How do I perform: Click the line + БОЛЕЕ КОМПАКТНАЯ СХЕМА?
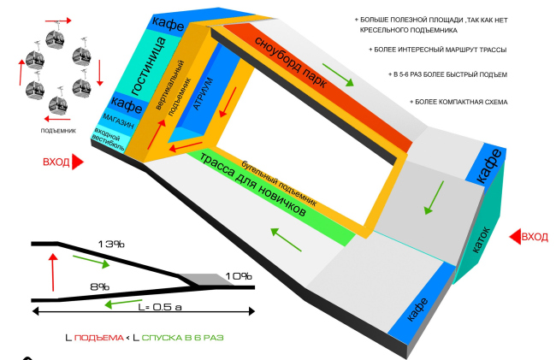(458, 102)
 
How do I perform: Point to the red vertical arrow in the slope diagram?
(54, 271)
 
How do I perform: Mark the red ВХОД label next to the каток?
(534, 236)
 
